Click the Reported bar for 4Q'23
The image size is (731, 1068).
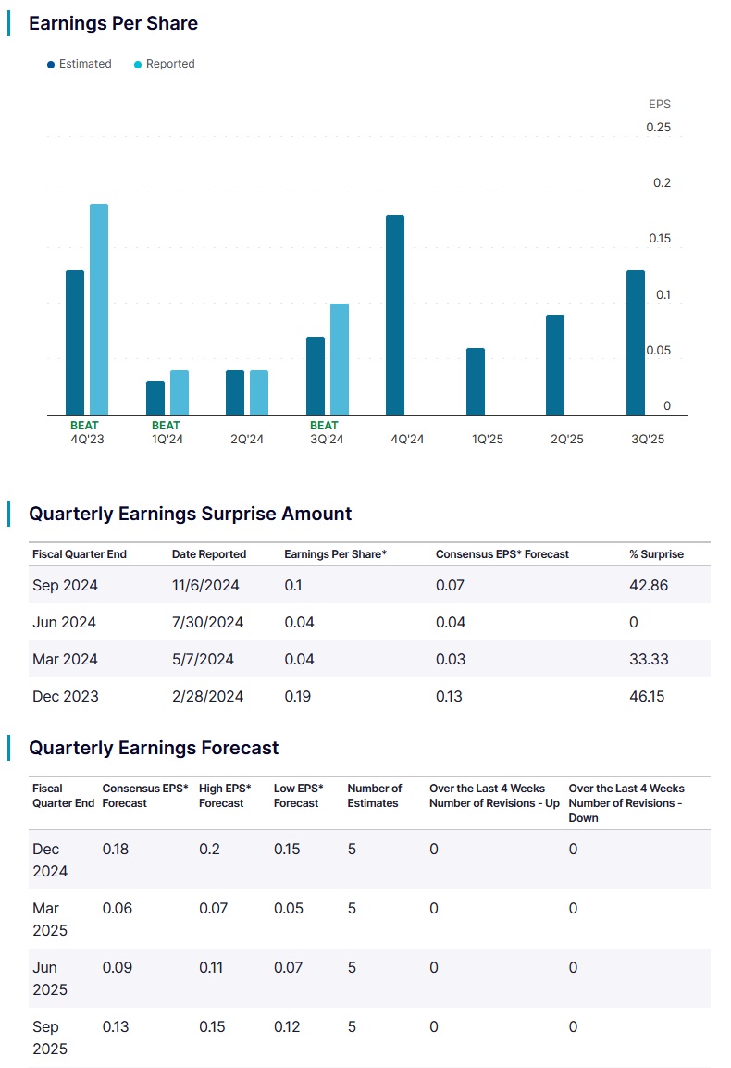pos(99,309)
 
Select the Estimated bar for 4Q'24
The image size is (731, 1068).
pos(395,315)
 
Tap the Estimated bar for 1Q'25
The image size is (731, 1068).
pos(476,381)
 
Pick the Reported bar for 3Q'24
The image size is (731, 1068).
pos(340,359)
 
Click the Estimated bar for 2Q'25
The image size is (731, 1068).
pos(555,365)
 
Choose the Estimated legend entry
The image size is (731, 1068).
pos(80,64)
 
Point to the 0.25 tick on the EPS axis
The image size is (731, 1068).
pos(658,127)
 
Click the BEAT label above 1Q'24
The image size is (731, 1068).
pos(167,426)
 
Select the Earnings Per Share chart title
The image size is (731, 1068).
pos(113,23)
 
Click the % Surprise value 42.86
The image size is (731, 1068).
pos(649,585)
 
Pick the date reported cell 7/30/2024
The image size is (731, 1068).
pos(207,622)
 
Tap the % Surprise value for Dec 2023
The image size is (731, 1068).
pos(647,696)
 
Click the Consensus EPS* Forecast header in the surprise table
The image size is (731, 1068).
pos(502,554)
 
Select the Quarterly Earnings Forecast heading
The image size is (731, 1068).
pos(154,747)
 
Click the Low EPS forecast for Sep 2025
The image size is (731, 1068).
pos(287,1026)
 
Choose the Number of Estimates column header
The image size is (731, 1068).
pos(375,796)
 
